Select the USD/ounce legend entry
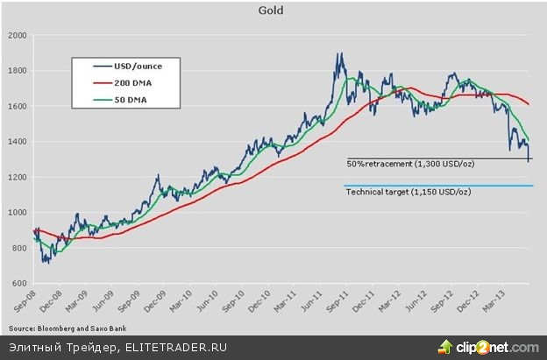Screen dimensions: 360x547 click(132, 66)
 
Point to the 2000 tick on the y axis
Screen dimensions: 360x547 click(17, 35)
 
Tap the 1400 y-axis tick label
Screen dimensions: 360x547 click(17, 142)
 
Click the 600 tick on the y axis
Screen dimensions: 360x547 click(19, 284)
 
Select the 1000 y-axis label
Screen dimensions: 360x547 click(17, 213)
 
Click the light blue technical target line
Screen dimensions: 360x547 click(438, 186)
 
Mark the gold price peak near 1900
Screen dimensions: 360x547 click(338, 54)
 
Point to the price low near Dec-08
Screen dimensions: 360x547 click(44, 261)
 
